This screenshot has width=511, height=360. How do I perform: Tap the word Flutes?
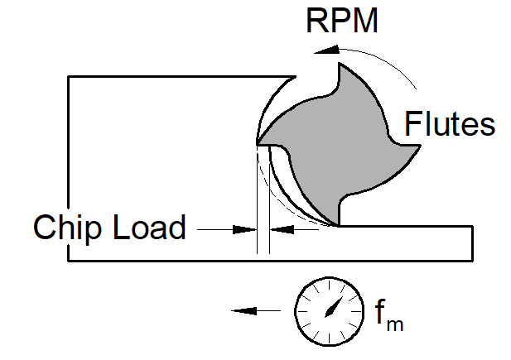coord(450,124)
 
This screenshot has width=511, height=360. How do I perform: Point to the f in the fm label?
coord(381,313)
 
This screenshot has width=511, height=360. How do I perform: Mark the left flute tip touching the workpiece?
coord(259,146)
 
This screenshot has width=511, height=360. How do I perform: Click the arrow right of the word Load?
coord(222,228)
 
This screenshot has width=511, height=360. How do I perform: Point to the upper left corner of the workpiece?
coord(69,76)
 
